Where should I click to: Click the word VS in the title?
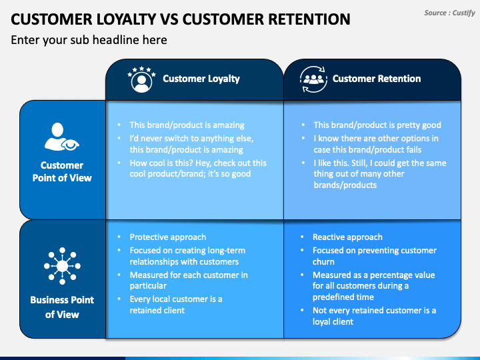point(169,19)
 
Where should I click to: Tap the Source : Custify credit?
point(449,13)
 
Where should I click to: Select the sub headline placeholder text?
point(89,40)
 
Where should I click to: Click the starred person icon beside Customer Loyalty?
point(141,79)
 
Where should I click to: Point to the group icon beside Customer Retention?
point(313,79)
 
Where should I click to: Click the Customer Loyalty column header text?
point(201,79)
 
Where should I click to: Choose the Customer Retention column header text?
point(377,79)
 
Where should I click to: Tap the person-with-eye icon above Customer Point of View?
point(61,137)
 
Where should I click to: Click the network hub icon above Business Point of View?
point(62,266)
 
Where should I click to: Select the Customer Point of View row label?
point(62,171)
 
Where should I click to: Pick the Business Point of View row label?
point(62,307)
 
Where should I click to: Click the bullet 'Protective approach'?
point(168,237)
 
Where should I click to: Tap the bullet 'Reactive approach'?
point(347,237)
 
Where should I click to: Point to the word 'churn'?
point(323,262)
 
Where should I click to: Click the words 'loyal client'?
point(333,322)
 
